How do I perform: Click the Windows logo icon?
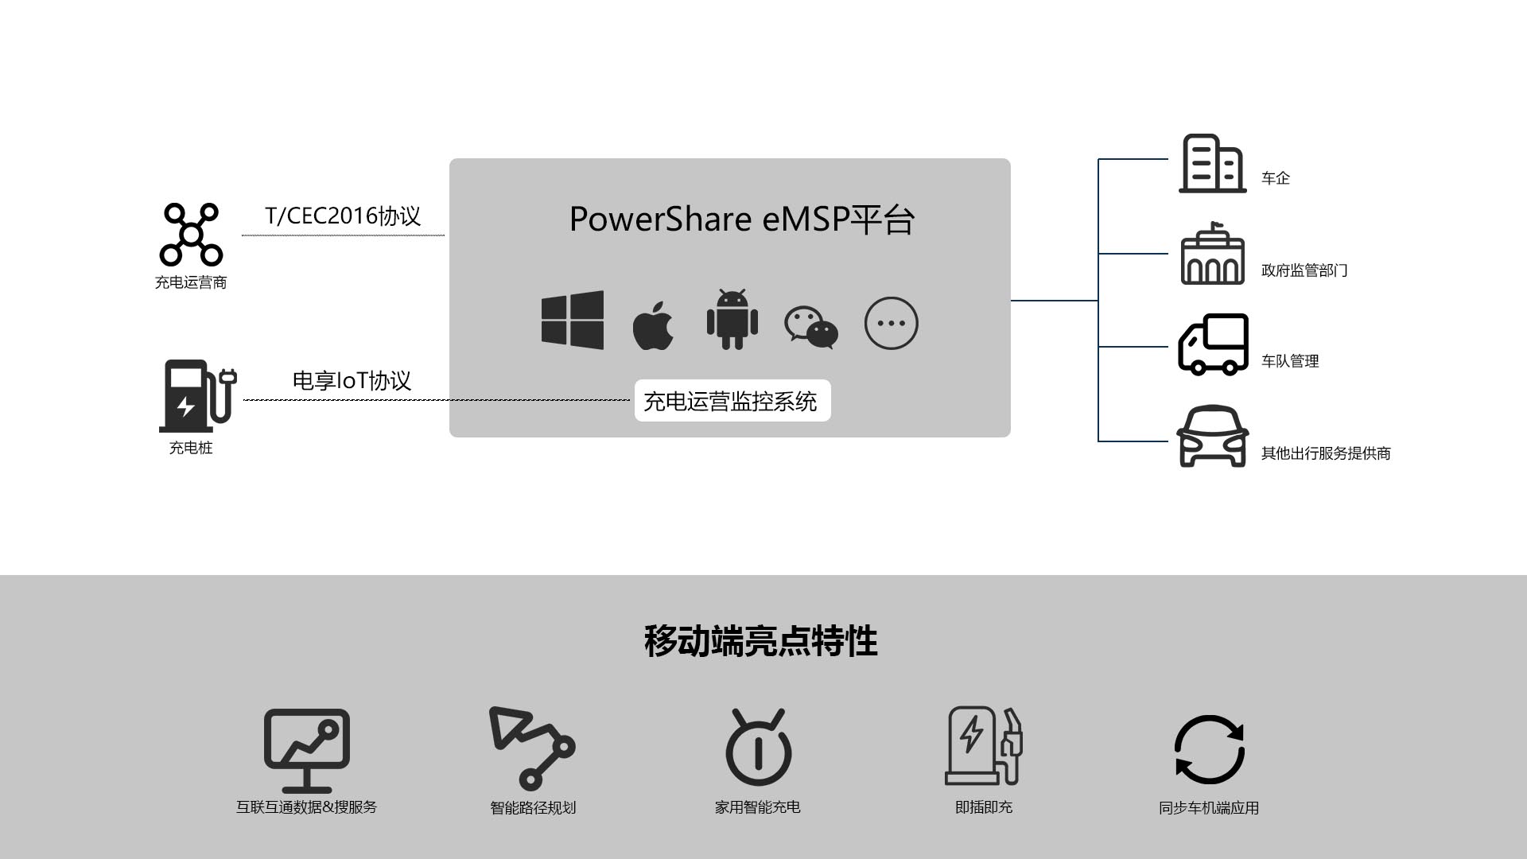(x=572, y=321)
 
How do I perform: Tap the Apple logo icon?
(x=653, y=326)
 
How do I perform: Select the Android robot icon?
(x=732, y=320)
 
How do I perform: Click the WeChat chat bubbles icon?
(x=811, y=326)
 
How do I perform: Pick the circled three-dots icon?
(x=891, y=323)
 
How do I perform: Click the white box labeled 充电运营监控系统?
(x=732, y=401)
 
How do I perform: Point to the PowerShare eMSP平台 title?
(x=741, y=220)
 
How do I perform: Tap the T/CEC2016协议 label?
(x=343, y=216)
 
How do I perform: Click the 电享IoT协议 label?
(x=352, y=381)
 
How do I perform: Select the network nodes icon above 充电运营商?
(x=191, y=235)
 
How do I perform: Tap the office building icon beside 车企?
(x=1212, y=164)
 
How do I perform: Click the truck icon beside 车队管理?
(x=1213, y=344)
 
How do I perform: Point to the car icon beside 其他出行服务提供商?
(x=1212, y=437)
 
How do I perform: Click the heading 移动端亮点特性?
(x=761, y=641)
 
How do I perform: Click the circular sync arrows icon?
(x=1209, y=749)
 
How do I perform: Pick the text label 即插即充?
(x=984, y=807)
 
